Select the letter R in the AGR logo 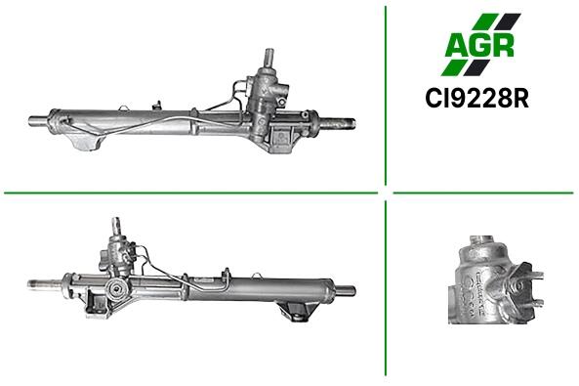(503, 46)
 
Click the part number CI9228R (476, 98)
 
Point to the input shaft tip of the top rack (269, 52)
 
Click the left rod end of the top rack (38, 121)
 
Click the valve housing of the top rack (266, 92)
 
